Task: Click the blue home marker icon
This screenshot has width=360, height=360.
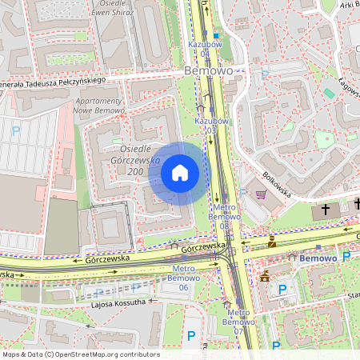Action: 180,173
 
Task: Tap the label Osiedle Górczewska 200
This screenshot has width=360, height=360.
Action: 120,161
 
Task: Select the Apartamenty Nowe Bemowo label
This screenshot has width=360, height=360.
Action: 98,110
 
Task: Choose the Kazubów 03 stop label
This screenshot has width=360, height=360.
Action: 206,125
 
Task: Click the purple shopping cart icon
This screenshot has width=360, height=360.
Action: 260,194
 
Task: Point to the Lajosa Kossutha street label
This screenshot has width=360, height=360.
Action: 119,302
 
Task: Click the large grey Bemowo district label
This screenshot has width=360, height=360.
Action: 208,70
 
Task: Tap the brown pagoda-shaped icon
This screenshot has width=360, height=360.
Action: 265,276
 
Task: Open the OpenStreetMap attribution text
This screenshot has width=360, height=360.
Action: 80,354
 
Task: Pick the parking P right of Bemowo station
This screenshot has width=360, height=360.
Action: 346,257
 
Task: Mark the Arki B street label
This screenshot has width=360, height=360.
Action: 349,5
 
